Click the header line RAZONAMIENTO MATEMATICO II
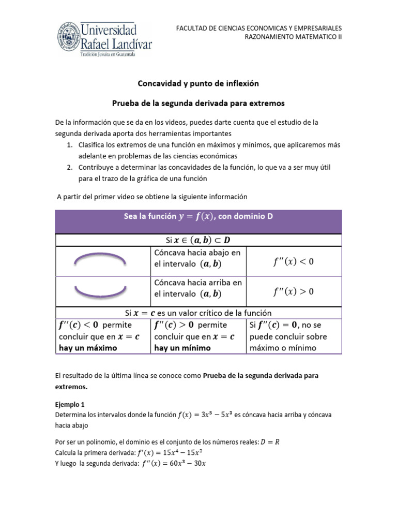click(x=293, y=37)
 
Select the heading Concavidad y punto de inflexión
click(x=198, y=83)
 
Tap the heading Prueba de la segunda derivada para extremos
click(x=198, y=104)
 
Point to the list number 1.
click(x=69, y=145)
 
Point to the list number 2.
click(x=69, y=168)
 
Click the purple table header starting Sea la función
click(x=198, y=217)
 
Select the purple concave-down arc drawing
click(x=101, y=260)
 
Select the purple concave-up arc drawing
click(x=101, y=290)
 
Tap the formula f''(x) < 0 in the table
click(x=293, y=262)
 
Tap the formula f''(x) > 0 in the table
click(x=293, y=292)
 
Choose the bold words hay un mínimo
click(x=182, y=348)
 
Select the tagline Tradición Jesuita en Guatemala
click(x=107, y=54)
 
